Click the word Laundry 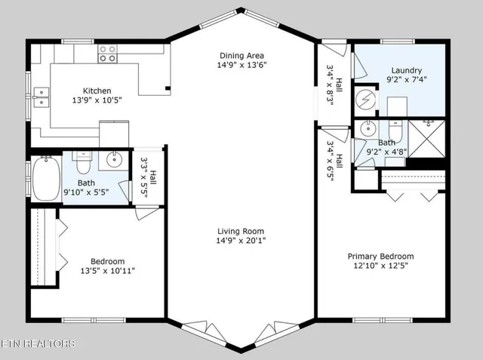(x=406, y=70)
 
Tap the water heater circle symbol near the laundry (x=366, y=99)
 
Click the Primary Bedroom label (x=380, y=257)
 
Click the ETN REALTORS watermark (x=38, y=344)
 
